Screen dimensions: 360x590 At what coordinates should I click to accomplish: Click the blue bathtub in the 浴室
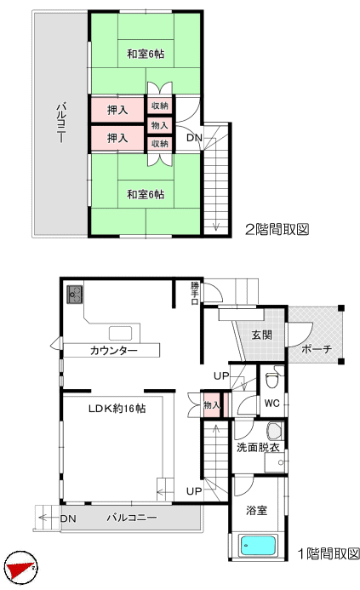(x=258, y=546)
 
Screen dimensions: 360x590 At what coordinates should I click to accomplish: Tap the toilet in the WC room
(x=271, y=380)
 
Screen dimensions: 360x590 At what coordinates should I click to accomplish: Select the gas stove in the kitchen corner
(x=75, y=295)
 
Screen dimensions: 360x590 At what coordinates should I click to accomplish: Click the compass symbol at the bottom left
(x=23, y=565)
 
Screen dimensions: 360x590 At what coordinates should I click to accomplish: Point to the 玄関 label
(x=261, y=335)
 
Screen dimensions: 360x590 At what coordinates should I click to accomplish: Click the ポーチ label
(x=317, y=349)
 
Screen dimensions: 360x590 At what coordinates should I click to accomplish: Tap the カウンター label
(x=114, y=351)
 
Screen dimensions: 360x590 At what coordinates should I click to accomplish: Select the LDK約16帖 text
(x=117, y=409)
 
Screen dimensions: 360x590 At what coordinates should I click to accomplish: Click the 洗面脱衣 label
(x=258, y=447)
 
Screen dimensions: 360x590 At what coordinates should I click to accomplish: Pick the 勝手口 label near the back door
(x=195, y=293)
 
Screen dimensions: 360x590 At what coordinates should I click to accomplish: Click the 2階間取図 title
(x=277, y=229)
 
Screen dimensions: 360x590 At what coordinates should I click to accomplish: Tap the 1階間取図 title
(x=329, y=553)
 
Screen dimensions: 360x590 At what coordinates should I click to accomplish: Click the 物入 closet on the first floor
(x=211, y=405)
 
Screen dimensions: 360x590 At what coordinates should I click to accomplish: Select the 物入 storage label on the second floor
(x=159, y=125)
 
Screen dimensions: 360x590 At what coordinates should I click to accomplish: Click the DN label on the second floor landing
(x=195, y=138)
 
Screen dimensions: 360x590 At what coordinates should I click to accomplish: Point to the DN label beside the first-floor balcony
(x=68, y=518)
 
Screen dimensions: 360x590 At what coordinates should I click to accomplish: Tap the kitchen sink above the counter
(x=120, y=334)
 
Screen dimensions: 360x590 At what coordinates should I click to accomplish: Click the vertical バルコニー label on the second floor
(x=61, y=122)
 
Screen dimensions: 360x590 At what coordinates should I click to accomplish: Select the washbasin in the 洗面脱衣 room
(x=275, y=431)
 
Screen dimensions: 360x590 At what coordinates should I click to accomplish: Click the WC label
(x=272, y=404)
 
